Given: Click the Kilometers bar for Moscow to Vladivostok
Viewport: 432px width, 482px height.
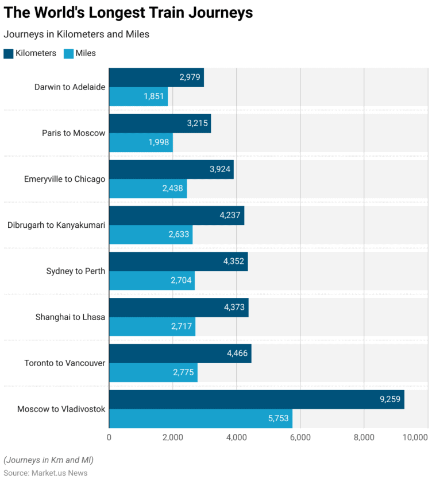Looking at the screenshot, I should tap(256, 399).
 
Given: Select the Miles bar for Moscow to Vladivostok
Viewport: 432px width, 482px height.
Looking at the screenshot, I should tap(200, 419).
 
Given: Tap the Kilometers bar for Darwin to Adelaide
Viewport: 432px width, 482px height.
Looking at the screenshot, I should tap(156, 77).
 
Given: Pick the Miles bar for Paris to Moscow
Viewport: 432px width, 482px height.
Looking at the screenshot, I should tap(141, 142).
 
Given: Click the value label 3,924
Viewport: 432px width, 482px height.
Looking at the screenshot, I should tap(218, 169).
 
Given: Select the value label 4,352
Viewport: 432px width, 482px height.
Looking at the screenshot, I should tap(233, 261).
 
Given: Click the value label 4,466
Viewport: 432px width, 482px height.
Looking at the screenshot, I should tap(237, 353).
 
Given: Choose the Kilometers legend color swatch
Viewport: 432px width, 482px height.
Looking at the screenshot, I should tap(8, 53).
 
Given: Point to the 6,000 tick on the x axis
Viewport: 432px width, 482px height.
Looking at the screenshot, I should tap(300, 437).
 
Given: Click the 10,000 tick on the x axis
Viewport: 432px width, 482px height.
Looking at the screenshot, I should tap(415, 437).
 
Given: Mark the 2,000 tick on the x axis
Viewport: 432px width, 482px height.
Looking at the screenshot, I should tap(172, 437).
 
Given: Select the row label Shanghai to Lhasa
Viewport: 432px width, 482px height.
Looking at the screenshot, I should tap(70, 317).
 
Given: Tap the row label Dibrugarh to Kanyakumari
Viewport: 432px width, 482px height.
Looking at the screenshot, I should tap(56, 225).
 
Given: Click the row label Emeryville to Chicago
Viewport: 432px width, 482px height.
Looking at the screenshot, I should tap(64, 179).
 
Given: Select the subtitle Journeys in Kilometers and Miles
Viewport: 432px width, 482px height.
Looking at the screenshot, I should tap(76, 34).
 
